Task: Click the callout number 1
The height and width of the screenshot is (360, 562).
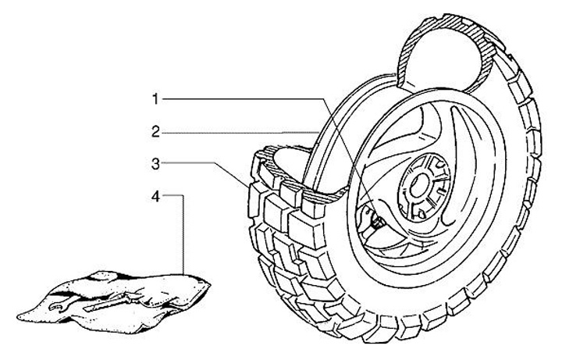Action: click(156, 99)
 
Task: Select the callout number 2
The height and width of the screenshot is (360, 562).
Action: click(156, 132)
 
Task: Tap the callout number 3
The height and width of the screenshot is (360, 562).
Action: click(156, 163)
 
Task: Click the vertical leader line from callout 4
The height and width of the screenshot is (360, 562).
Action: click(184, 234)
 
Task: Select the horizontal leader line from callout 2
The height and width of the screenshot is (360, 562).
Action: click(234, 132)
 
